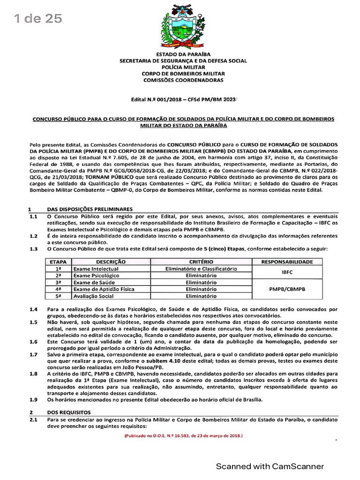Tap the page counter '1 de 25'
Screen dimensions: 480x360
37,18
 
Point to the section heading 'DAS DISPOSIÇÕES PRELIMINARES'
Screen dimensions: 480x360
90,209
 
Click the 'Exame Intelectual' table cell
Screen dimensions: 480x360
96,269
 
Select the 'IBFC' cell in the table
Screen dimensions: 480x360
287,272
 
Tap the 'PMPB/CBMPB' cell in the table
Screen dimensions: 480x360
287,289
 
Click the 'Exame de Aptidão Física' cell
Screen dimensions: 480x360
104,290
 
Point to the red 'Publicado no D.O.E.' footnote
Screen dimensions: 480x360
183,435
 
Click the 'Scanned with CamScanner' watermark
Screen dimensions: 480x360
270,466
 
